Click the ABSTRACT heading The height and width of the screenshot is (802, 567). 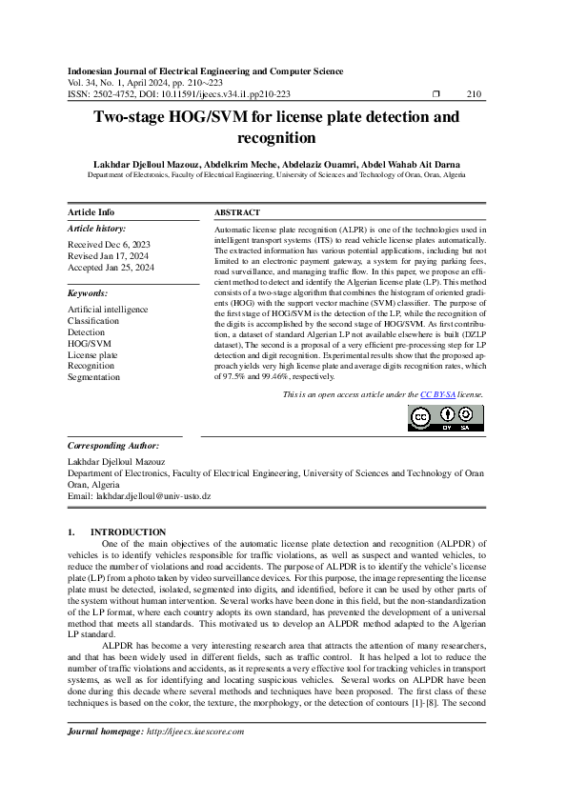pos(237,212)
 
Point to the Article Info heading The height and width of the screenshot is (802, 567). pos(91,212)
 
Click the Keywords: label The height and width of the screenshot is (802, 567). pos(89,293)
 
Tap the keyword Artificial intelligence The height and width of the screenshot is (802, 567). pos(108,310)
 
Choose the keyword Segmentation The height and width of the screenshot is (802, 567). pos(93,377)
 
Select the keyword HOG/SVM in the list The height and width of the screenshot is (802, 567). pos(89,343)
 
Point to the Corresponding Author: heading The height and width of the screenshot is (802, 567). pos(112,446)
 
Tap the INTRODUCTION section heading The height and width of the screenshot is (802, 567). pos(128,531)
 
